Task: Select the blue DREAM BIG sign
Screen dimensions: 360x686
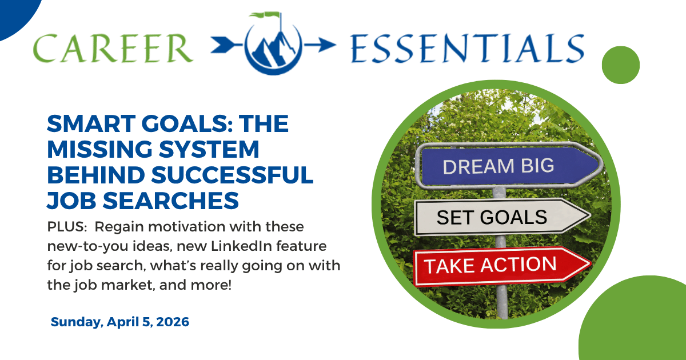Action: coord(506,166)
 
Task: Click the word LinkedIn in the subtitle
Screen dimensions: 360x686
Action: coord(219,246)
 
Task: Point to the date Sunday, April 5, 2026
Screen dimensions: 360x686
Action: coord(120,322)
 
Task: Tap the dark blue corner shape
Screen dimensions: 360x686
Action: coord(14,11)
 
